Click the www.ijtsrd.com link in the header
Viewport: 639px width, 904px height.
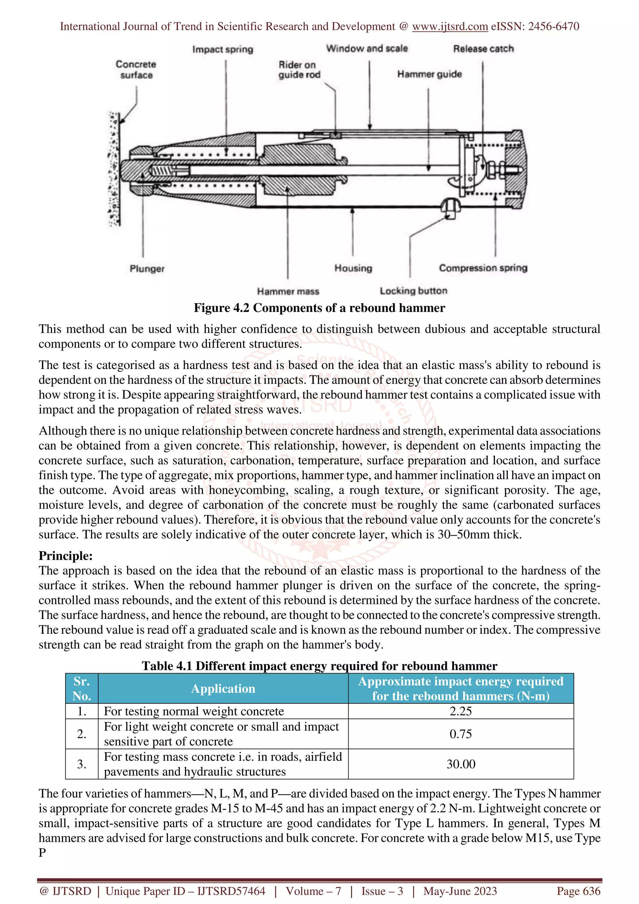[450, 27]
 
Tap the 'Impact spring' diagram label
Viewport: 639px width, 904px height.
[222, 49]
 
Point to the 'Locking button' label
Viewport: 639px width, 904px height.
[413, 291]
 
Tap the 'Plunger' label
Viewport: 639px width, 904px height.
[147, 269]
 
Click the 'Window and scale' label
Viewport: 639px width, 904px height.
[367, 48]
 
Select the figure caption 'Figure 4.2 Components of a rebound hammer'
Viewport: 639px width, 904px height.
[319, 308]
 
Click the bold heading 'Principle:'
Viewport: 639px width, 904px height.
[65, 556]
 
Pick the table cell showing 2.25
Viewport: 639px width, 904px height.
[461, 711]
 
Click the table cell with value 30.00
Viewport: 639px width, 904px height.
[461, 764]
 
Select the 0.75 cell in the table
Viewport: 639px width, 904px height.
[461, 734]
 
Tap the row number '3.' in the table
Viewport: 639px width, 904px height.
[81, 764]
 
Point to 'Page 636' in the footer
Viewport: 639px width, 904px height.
[578, 891]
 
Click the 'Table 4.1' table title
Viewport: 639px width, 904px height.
[319, 666]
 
